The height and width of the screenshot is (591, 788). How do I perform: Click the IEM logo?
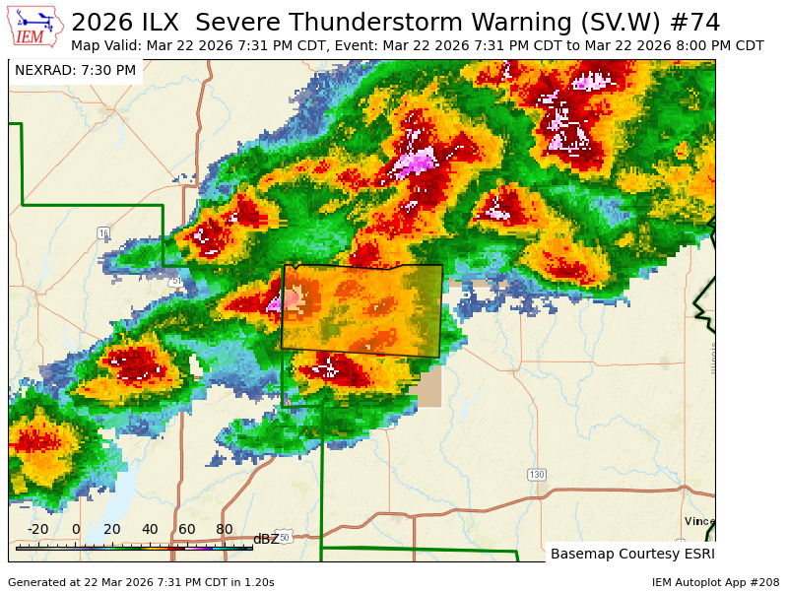click(35, 28)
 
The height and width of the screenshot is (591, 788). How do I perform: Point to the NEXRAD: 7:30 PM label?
click(76, 71)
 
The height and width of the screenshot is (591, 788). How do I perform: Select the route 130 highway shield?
click(536, 475)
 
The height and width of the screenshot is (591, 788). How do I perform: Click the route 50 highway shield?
click(284, 537)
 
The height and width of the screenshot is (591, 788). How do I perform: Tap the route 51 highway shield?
click(175, 282)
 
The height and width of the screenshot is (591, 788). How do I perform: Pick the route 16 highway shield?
click(103, 232)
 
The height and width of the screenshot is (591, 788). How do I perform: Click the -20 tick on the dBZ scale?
click(37, 530)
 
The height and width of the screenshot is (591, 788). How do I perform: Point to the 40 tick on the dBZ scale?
click(150, 530)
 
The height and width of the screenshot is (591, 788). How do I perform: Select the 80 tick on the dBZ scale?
click(225, 530)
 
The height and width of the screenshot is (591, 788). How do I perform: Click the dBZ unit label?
click(266, 539)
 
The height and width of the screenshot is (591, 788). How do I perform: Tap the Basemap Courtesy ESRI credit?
click(632, 554)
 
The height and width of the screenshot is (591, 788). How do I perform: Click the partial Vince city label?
click(699, 521)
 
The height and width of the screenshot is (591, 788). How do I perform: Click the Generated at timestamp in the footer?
click(141, 582)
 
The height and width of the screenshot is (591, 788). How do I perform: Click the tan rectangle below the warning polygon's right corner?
click(429, 386)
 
